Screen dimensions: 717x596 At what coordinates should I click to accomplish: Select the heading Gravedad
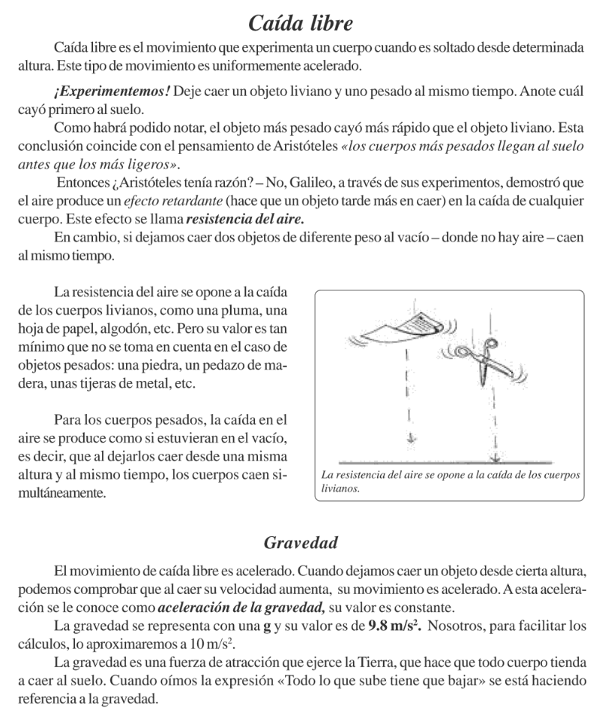click(x=298, y=540)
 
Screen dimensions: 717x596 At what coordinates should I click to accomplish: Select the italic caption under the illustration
click(x=449, y=481)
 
